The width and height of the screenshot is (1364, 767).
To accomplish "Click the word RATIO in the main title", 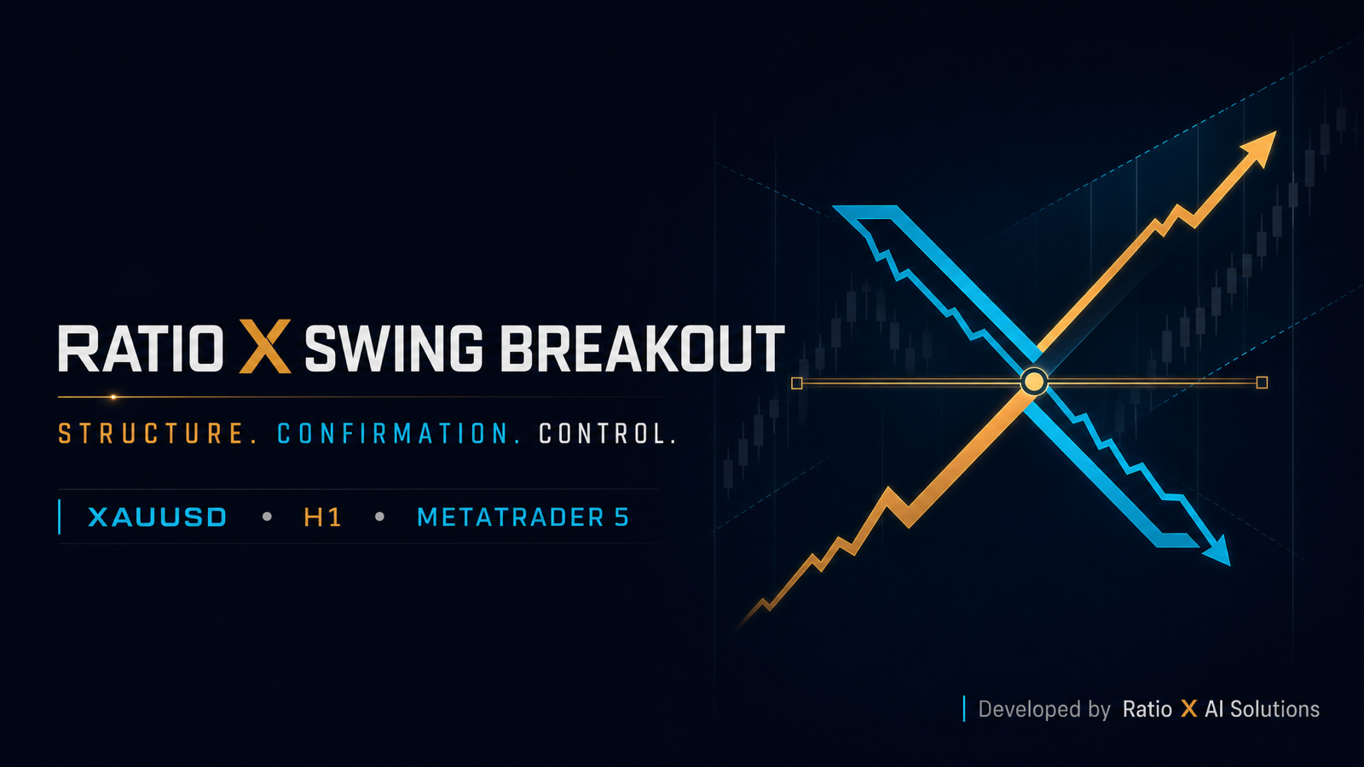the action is point(141,349).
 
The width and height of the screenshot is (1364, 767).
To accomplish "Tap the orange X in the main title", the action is point(265,346).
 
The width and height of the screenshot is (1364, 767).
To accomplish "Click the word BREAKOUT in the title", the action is point(643,349).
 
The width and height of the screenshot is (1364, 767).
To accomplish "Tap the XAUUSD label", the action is point(157,517).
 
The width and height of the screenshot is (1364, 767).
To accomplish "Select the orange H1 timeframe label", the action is point(322,517).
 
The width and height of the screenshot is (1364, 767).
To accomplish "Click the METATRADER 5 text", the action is point(523,517).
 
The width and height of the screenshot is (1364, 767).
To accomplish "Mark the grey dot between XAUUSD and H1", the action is point(267,516).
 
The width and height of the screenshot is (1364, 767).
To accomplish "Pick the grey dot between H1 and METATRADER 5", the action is point(380,516).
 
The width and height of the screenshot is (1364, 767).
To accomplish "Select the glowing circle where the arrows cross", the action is point(1033,383).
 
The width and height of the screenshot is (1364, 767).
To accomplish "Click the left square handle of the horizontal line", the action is point(796,383).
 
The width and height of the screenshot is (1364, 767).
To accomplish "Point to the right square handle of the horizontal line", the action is point(1262,383).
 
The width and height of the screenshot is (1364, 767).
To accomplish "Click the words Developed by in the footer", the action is point(1044,710).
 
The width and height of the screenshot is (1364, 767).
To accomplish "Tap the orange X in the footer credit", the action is point(1188,709).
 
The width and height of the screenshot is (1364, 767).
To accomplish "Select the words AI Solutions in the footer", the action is point(1263,709).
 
